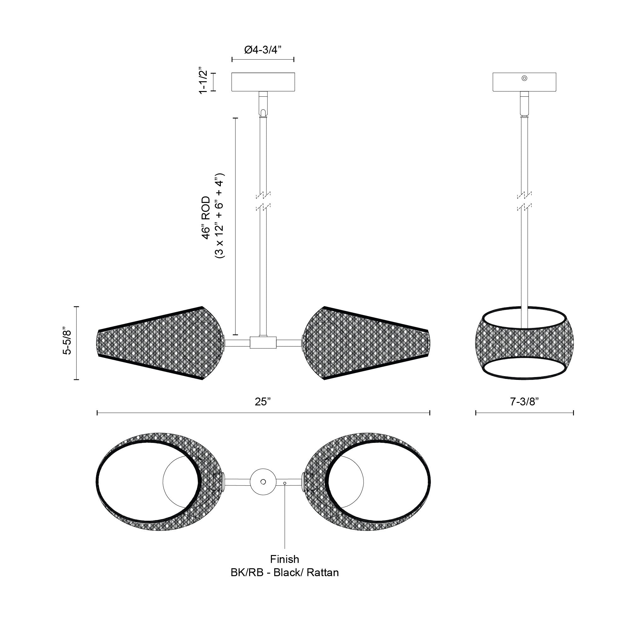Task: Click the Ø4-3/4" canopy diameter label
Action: [263, 50]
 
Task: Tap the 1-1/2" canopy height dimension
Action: [203, 82]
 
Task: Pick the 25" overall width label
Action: [263, 402]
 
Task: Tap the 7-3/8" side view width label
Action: [524, 402]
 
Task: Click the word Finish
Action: [284, 559]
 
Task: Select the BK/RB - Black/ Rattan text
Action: [284, 573]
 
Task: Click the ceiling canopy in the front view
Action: [263, 82]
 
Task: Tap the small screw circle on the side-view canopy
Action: [524, 78]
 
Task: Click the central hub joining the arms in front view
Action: [263, 342]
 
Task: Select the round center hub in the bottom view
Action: [263, 482]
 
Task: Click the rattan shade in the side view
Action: [524, 343]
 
